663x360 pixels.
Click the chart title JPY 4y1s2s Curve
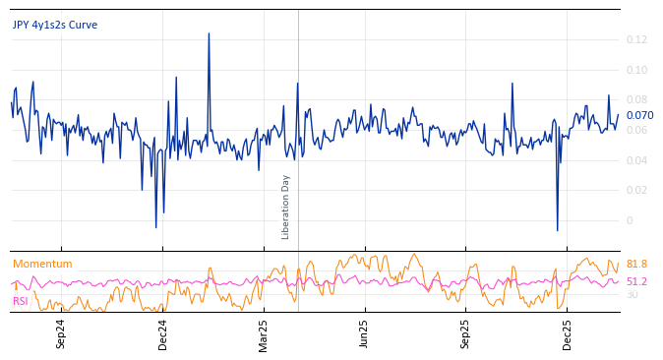pyautogui.click(x=55, y=25)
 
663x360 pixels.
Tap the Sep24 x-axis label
pyautogui.click(x=61, y=334)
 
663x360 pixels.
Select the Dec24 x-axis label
pyautogui.click(x=163, y=334)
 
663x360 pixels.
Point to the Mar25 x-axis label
pyautogui.click(x=264, y=334)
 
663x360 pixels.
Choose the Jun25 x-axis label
pyautogui.click(x=365, y=334)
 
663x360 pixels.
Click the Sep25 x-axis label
pyautogui.click(x=466, y=334)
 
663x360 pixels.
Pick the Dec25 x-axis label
pyautogui.click(x=568, y=334)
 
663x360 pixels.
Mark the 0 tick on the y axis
pyautogui.click(x=629, y=220)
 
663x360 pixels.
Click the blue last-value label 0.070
pyautogui.click(x=639, y=115)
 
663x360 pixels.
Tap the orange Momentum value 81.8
pyautogui.click(x=636, y=264)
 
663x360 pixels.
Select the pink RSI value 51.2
pyautogui.click(x=636, y=281)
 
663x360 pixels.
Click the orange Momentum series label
pyautogui.click(x=42, y=264)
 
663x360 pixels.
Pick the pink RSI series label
pyautogui.click(x=20, y=301)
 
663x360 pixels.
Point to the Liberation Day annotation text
pyautogui.click(x=285, y=207)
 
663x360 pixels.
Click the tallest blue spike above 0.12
pyautogui.click(x=209, y=34)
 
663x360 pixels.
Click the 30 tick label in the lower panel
pyautogui.click(x=632, y=294)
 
